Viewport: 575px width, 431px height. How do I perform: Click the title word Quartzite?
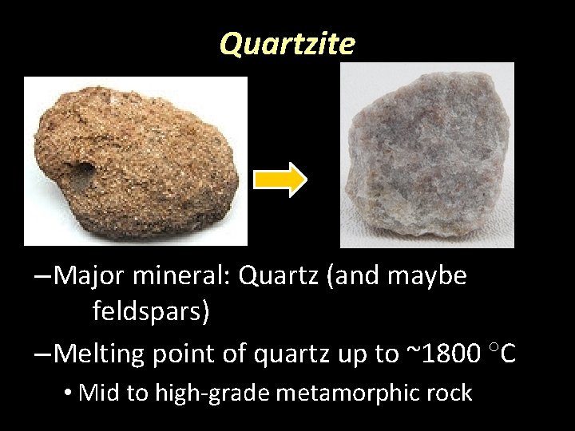[x=287, y=45]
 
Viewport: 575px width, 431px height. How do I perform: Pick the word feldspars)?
[x=151, y=311]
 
